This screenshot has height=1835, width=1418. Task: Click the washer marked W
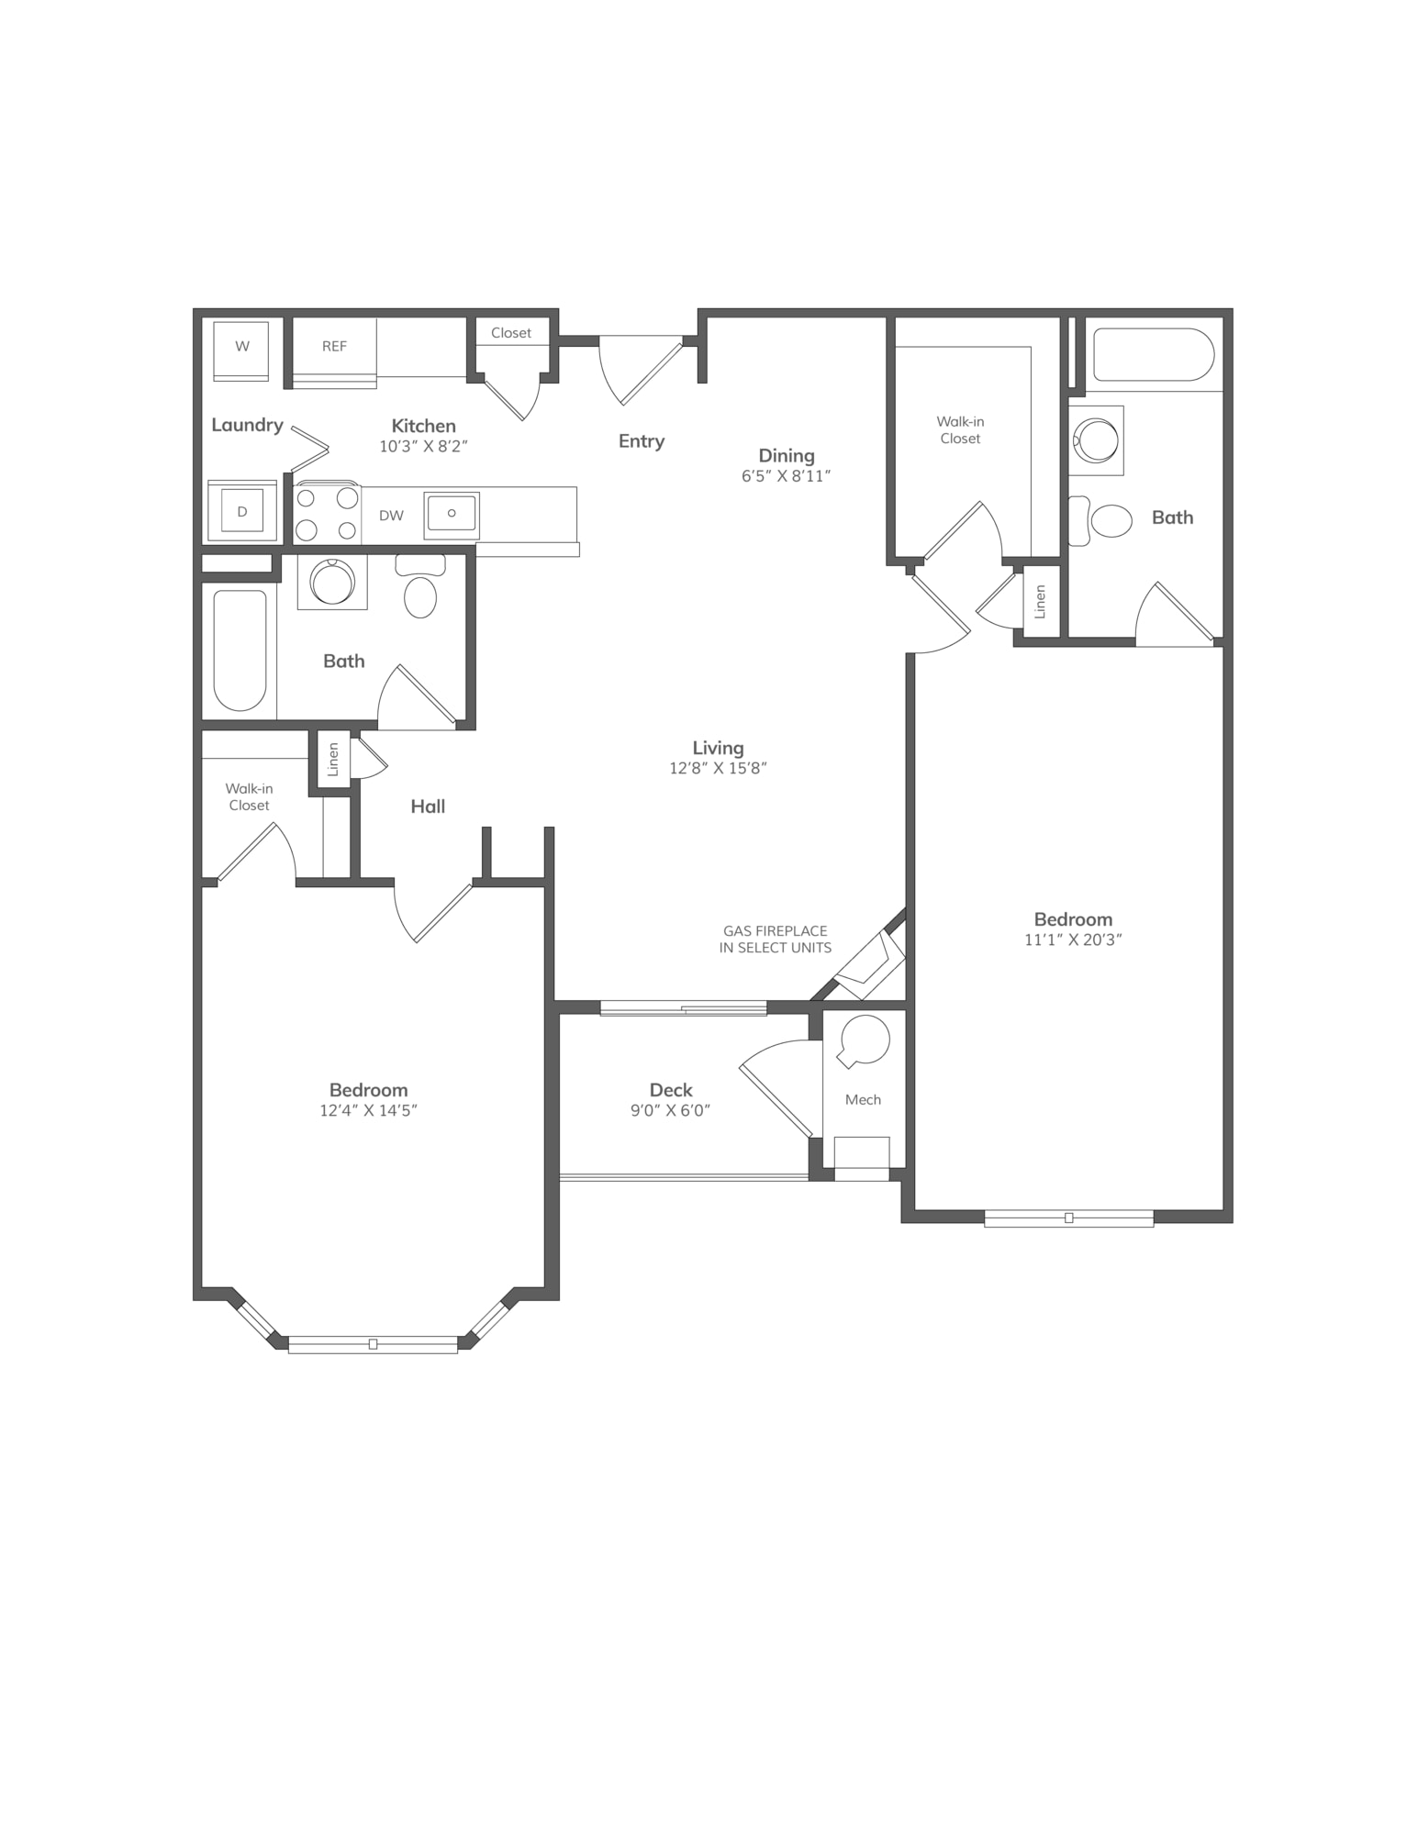pyautogui.click(x=241, y=350)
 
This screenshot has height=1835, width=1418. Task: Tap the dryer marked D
pyautogui.click(x=242, y=511)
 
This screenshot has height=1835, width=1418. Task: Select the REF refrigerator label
pyautogui.click(x=334, y=346)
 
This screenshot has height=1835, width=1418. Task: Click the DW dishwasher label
pyautogui.click(x=391, y=516)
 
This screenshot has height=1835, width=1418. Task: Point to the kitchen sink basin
pyautogui.click(x=452, y=514)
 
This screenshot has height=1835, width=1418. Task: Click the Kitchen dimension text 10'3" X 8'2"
pyautogui.click(x=423, y=447)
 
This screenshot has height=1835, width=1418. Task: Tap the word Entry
pyautogui.click(x=641, y=441)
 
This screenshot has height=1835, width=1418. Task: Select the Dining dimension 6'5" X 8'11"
pyautogui.click(x=786, y=476)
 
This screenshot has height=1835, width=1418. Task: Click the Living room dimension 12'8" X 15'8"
pyautogui.click(x=718, y=768)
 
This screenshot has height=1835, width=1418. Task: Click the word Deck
pyautogui.click(x=670, y=1090)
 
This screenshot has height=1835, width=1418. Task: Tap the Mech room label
pyautogui.click(x=863, y=1099)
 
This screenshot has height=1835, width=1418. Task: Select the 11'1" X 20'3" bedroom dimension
pyautogui.click(x=1073, y=940)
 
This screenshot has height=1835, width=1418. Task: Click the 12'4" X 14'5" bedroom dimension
pyautogui.click(x=368, y=1110)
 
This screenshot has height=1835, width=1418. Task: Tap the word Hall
pyautogui.click(x=428, y=806)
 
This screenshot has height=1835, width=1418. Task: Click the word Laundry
pyautogui.click(x=247, y=425)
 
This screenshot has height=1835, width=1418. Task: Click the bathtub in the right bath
pyautogui.click(x=1154, y=354)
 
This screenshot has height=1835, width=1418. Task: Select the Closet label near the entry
pyautogui.click(x=510, y=333)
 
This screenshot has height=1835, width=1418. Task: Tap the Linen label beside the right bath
pyautogui.click(x=1040, y=602)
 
